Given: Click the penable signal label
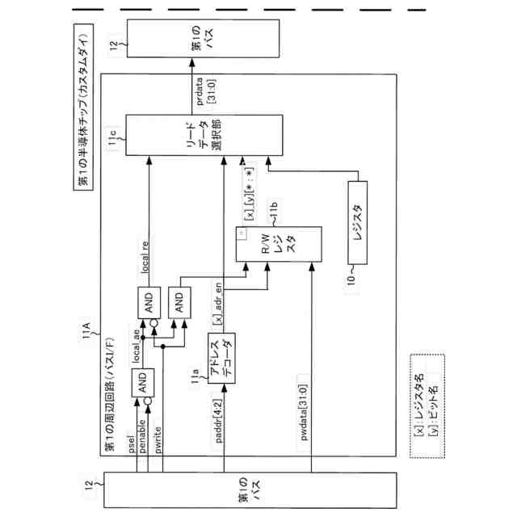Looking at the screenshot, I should click(x=143, y=439).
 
